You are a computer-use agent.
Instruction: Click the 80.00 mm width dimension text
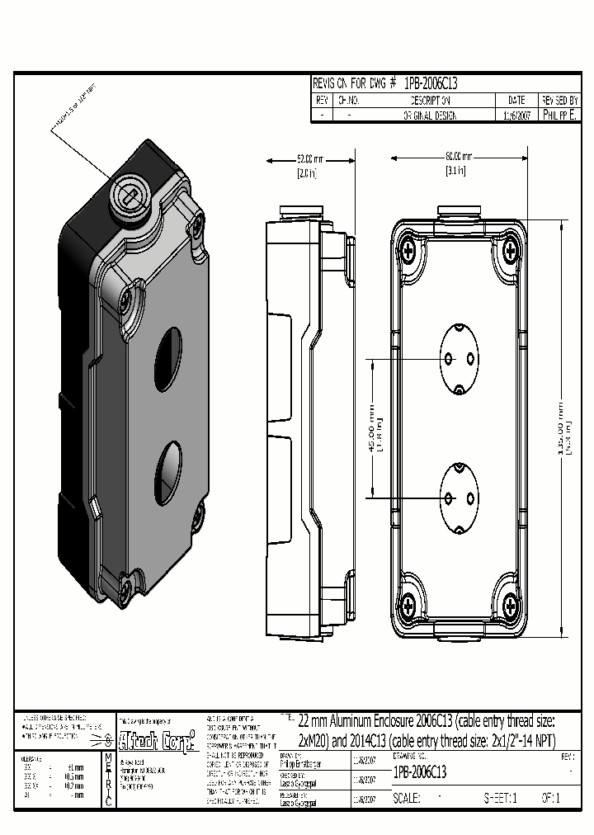click(x=458, y=156)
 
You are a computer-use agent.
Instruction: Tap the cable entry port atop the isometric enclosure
click(x=131, y=194)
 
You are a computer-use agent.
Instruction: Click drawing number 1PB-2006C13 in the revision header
click(x=431, y=83)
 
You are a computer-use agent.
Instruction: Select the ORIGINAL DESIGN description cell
click(x=429, y=116)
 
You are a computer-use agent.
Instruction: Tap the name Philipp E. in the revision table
click(x=560, y=116)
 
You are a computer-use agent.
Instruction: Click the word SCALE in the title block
click(x=408, y=798)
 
